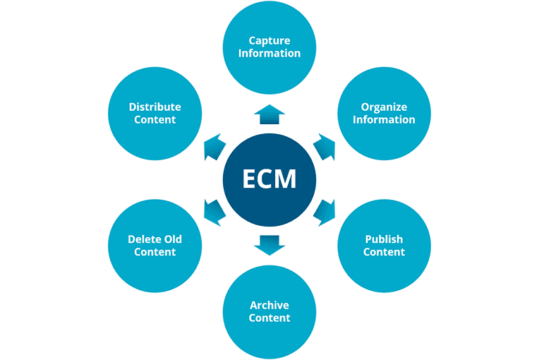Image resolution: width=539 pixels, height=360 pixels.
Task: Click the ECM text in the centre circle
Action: point(269,179)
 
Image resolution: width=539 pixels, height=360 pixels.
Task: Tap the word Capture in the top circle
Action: point(269,40)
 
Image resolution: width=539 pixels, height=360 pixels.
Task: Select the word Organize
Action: point(384,107)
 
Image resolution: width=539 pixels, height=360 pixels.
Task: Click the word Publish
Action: point(384,239)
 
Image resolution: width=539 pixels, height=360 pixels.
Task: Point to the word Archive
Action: point(269,305)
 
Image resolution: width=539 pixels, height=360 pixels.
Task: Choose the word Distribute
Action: point(155,107)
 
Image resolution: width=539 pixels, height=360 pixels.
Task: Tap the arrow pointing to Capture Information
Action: point(269,114)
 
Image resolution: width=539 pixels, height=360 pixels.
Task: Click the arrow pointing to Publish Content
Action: point(324,211)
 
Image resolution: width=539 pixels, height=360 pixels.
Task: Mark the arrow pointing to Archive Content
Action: point(269,244)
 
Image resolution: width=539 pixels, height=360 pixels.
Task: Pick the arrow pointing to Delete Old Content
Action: point(214,211)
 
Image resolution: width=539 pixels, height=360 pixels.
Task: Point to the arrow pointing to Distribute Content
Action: point(214,146)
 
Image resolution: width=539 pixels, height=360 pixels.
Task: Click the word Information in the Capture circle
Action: point(269,53)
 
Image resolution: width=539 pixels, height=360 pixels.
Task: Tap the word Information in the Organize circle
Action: point(384,119)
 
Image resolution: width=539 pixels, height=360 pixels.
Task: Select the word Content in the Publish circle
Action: point(384,252)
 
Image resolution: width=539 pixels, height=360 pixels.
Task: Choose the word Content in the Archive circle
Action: point(269,318)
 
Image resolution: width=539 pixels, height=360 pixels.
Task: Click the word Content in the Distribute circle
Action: point(155,119)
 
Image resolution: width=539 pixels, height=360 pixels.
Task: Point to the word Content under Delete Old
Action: point(155,252)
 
